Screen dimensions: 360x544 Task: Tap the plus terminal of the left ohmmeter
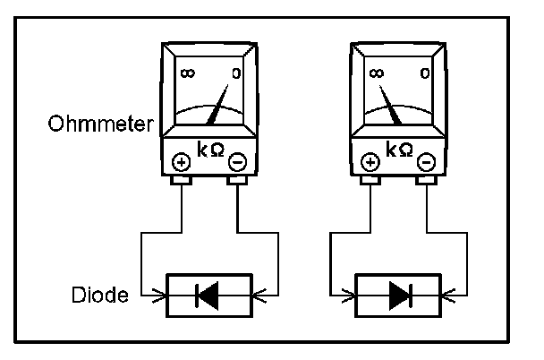point(181,162)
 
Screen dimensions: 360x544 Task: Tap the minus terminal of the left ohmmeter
point(236,162)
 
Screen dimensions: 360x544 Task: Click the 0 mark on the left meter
point(236,72)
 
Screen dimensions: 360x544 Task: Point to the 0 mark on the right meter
point(426,72)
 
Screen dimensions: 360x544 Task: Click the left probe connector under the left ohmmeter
point(182,182)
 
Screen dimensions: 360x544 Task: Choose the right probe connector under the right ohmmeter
point(427,182)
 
